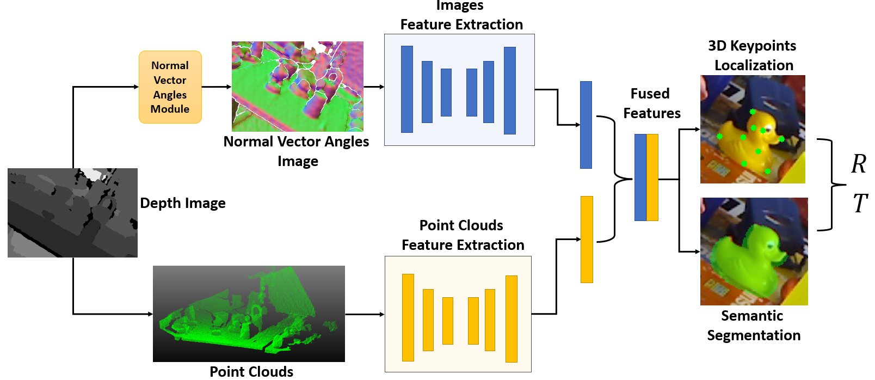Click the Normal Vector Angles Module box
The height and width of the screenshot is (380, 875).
(170, 87)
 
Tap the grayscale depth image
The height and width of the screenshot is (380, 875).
(72, 212)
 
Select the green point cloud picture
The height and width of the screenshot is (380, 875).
(249, 314)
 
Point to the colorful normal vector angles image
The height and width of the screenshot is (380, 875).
(297, 86)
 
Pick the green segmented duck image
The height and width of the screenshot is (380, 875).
(754, 251)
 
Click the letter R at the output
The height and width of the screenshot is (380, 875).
(859, 164)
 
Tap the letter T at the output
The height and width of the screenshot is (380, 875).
(860, 204)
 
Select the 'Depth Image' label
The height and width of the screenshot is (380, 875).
(183, 203)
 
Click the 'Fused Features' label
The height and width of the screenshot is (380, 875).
(651, 103)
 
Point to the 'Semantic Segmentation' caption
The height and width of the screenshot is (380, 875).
(753, 326)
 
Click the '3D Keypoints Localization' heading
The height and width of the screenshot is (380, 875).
(753, 56)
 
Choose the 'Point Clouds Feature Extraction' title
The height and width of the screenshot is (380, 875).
(463, 235)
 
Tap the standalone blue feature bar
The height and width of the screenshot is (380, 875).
(586, 125)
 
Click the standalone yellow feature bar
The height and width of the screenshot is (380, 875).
(587, 239)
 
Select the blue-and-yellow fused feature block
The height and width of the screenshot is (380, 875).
(646, 177)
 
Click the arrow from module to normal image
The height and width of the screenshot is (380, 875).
(217, 87)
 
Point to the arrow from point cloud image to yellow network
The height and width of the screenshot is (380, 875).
(365, 314)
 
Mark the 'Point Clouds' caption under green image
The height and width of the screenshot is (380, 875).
(251, 371)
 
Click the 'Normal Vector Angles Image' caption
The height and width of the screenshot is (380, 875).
(297, 151)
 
